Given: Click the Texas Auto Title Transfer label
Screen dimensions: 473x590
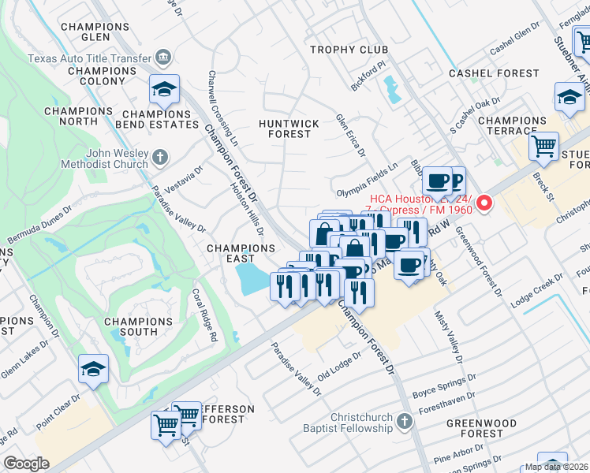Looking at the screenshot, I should coord(88,58).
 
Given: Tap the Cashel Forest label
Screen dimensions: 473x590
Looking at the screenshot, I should coord(494,73).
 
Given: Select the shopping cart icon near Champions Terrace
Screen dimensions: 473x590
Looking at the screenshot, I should coord(543,146).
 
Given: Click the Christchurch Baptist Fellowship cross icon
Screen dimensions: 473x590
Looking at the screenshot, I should coord(404,420).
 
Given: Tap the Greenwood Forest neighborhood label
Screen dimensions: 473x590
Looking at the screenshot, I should coord(476,428).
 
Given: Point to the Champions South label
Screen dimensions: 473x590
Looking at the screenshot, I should coord(138,327).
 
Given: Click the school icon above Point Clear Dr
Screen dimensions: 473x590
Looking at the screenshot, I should coord(93,369).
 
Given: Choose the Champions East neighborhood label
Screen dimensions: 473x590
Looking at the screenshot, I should coord(241,253).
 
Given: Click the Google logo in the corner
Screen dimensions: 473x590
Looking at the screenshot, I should coord(26,464).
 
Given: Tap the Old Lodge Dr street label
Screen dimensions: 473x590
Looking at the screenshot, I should coord(338,365).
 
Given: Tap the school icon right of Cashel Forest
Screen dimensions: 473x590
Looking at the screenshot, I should coord(569,97).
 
